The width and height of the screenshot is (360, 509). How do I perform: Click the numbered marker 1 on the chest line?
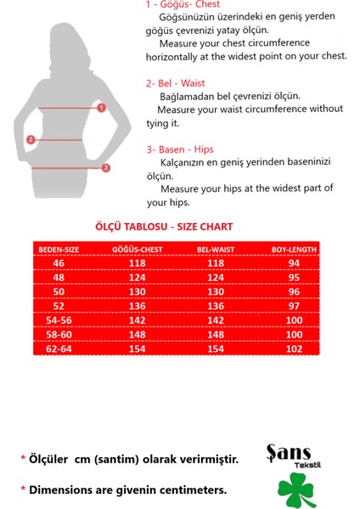click(101, 108)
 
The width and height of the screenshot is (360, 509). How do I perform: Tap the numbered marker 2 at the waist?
click(31, 140)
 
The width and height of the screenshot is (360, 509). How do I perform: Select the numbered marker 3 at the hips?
click(106, 168)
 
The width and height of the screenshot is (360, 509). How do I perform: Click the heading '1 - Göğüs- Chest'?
click(183, 5)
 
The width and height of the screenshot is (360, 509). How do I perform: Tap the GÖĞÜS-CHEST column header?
click(137, 250)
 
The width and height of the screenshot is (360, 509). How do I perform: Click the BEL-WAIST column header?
click(216, 250)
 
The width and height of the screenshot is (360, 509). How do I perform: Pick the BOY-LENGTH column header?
click(294, 250)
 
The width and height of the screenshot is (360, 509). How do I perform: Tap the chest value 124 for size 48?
click(137, 277)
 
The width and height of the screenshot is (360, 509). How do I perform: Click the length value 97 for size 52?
click(294, 305)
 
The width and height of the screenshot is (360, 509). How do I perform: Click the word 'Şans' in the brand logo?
click(289, 452)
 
